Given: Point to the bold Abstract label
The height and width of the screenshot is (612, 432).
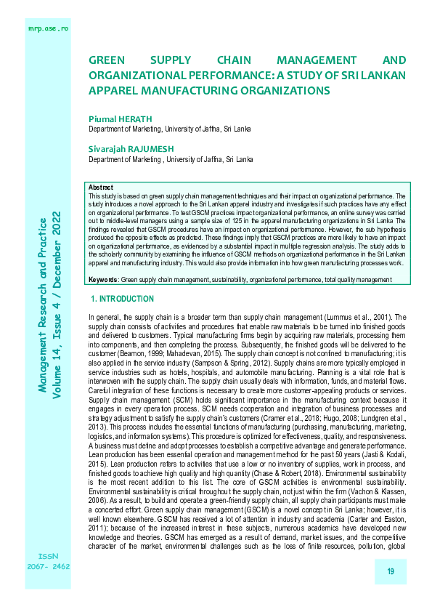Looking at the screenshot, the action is [100, 188].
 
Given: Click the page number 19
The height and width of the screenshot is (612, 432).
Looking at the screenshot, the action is [391, 572].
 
